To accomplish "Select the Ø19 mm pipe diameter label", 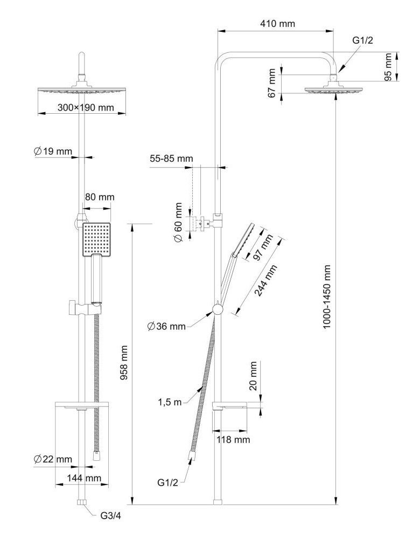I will point(53,152).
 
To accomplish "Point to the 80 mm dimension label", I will point(100,197).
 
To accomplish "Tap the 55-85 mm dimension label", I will point(171,159).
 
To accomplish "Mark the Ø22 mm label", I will point(53,459).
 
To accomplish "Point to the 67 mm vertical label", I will point(272,82).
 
